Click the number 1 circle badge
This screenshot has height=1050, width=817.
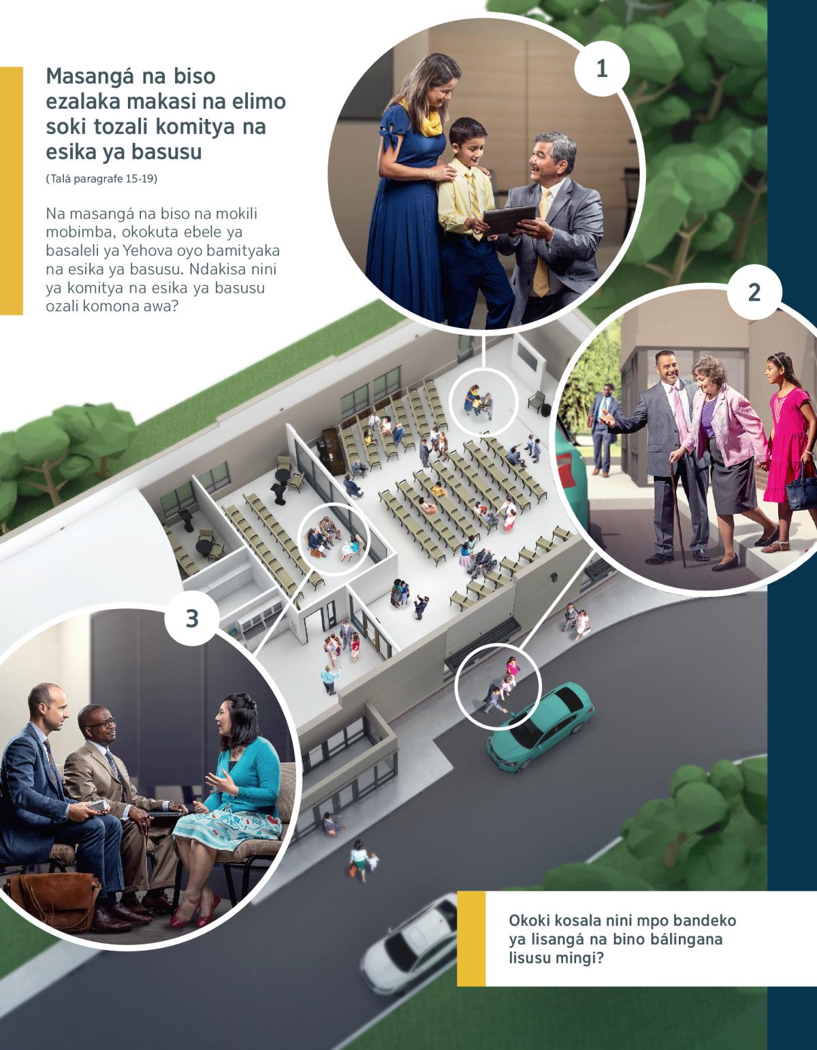pyautogui.click(x=602, y=69)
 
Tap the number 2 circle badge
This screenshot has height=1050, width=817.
pyautogui.click(x=754, y=293)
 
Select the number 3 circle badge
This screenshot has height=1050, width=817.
pyautogui.click(x=192, y=619)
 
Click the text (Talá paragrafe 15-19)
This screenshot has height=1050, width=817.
pyautogui.click(x=101, y=179)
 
